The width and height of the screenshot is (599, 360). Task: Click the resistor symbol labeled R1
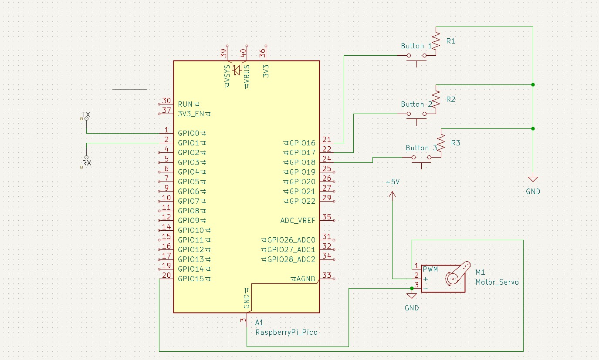coord(436,42)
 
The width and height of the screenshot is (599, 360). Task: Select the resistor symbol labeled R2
coord(436,100)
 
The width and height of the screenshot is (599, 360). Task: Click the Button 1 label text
coord(416,46)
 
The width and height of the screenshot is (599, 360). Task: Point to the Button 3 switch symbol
coord(421,158)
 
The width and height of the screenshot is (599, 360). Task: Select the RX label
coord(86,163)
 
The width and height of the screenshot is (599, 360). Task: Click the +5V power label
coord(392,182)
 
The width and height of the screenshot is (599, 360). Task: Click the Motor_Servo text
coord(497,282)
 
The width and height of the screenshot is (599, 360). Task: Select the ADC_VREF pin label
coord(298,220)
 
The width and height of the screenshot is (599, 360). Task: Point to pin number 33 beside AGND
coord(326,275)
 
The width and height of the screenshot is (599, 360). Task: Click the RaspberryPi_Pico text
coord(286,332)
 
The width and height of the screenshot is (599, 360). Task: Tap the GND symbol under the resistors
coord(532,179)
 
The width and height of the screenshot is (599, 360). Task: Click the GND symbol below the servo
coord(411,296)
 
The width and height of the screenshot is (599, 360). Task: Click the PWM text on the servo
coord(430,270)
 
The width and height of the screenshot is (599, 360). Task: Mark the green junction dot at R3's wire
coord(532,128)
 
